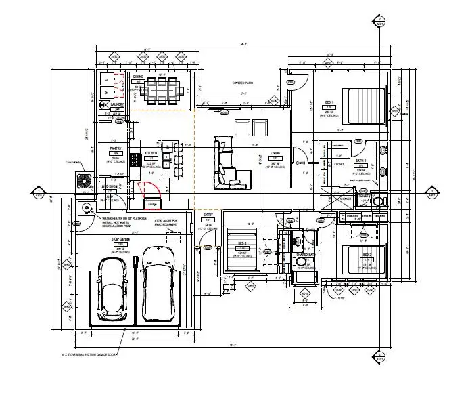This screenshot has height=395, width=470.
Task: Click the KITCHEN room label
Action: click(151, 154)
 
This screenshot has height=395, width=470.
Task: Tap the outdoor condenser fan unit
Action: click(85, 181)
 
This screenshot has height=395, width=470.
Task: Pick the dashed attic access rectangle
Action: click(174, 234)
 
